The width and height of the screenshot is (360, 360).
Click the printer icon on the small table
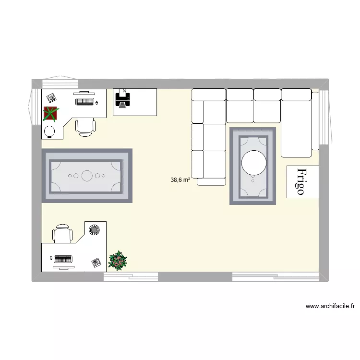pos(122,99)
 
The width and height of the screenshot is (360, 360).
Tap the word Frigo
pos(301,181)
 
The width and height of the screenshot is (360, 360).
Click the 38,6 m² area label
pos(180,180)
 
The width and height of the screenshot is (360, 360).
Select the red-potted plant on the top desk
pos(50,113)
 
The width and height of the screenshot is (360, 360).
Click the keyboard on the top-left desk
pos(85,102)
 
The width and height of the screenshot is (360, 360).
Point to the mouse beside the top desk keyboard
pos(97,102)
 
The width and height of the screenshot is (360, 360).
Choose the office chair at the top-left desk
pos(85,125)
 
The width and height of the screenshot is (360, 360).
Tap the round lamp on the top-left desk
pos(49,131)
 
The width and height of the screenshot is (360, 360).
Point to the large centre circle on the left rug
pos(87,176)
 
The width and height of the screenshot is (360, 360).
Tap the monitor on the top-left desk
pos(84,93)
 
